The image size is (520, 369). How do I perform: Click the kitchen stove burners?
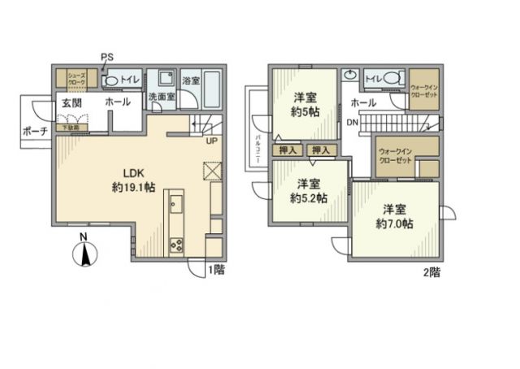[175, 245]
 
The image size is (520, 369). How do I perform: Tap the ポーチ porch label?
[36, 131]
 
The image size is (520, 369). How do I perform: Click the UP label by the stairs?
[211, 140]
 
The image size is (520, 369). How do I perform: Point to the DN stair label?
[351, 123]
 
